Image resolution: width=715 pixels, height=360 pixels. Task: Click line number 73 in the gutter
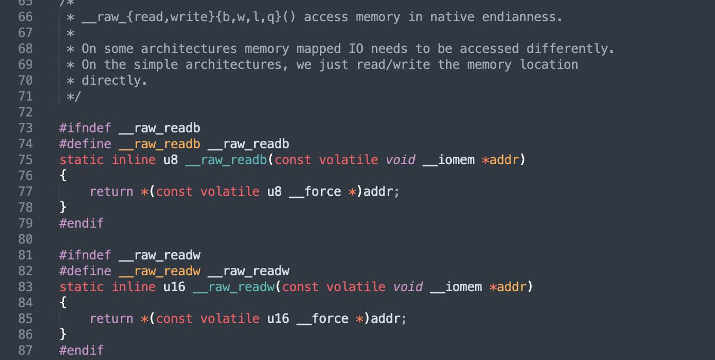click(x=25, y=128)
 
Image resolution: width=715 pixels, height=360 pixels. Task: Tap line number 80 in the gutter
click(x=25, y=239)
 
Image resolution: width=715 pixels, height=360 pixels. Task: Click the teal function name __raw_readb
click(x=226, y=160)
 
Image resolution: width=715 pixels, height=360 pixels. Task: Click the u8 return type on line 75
click(x=171, y=160)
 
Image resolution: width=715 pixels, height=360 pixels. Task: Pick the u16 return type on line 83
click(x=174, y=287)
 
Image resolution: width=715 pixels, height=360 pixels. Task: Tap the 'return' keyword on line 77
click(x=111, y=192)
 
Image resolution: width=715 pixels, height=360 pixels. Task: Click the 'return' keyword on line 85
click(x=111, y=319)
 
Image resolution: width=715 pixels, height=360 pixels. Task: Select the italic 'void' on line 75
click(x=400, y=160)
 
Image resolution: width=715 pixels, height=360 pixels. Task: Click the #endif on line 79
click(x=82, y=223)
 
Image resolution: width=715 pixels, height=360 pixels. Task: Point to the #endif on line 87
click(x=82, y=350)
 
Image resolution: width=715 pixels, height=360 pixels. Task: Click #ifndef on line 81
click(x=85, y=255)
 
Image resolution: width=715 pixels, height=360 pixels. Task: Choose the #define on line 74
click(x=85, y=144)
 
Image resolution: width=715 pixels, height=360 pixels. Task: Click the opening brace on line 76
click(x=63, y=176)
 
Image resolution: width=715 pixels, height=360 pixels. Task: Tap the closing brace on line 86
click(x=63, y=335)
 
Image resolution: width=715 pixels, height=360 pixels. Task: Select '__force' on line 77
click(x=315, y=192)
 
